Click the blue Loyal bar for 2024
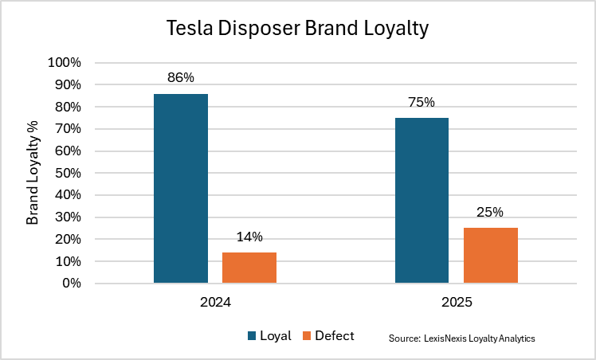(x=181, y=188)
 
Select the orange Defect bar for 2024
(x=249, y=268)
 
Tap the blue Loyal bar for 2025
(x=422, y=200)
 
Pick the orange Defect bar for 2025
(x=491, y=255)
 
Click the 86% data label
(x=181, y=78)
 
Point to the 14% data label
(x=249, y=237)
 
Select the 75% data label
(x=422, y=102)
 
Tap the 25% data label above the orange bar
(x=490, y=212)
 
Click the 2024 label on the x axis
(x=215, y=303)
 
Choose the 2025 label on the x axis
(x=457, y=303)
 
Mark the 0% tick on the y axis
(x=71, y=284)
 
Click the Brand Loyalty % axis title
(x=33, y=173)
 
